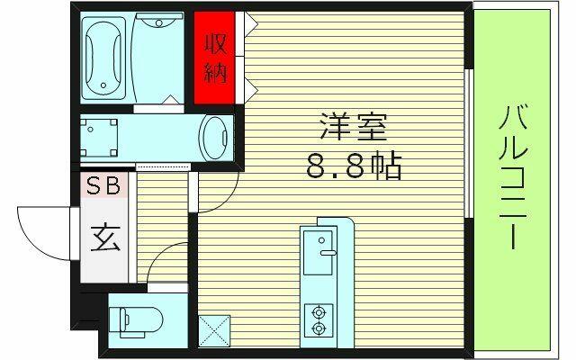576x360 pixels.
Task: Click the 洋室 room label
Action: pos(354,127)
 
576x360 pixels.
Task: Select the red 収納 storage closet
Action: pos(214,58)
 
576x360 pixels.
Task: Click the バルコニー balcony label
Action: pos(513,177)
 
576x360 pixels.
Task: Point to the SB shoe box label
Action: pos(103,185)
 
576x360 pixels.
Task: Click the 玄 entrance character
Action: pos(105,238)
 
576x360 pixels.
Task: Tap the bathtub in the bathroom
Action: pos(103,58)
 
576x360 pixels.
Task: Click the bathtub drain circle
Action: pos(103,85)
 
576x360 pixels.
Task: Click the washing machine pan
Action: pos(99,138)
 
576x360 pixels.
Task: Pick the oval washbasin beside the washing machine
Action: pos(216,138)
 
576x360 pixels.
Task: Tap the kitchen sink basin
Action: pos(318,253)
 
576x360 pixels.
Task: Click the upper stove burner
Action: pos(318,312)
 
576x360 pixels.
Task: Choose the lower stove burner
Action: pos(318,328)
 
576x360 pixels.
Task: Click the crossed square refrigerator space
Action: pos(214,330)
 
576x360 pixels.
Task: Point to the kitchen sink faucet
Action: pos(328,253)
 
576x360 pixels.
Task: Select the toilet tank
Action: pos(117,320)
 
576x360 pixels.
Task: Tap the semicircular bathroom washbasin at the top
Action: pos(158,20)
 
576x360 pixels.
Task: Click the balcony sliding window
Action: pos(468,143)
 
